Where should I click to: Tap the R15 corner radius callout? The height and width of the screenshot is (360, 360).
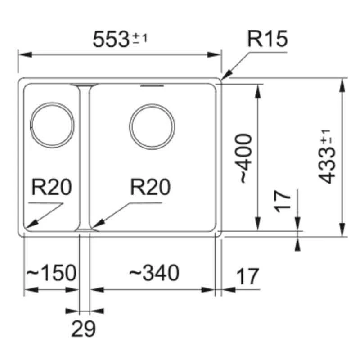(267, 40)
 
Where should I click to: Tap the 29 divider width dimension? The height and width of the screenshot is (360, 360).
(84, 330)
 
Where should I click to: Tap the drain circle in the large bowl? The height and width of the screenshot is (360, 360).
(152, 126)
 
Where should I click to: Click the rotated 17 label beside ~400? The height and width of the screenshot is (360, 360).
(283, 201)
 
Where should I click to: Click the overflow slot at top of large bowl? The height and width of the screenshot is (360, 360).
(153, 85)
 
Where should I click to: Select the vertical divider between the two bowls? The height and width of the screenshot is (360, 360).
(85, 157)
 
